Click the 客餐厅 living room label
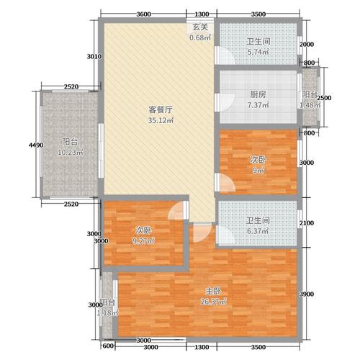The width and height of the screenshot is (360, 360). click(x=159, y=109)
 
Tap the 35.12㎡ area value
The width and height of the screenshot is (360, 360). click(x=159, y=120)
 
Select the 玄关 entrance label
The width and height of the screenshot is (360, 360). click(x=199, y=27)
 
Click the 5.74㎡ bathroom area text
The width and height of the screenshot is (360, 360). click(x=258, y=52)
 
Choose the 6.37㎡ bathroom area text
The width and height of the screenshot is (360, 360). click(x=258, y=231)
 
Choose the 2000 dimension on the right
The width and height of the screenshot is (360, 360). click(x=307, y=45)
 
